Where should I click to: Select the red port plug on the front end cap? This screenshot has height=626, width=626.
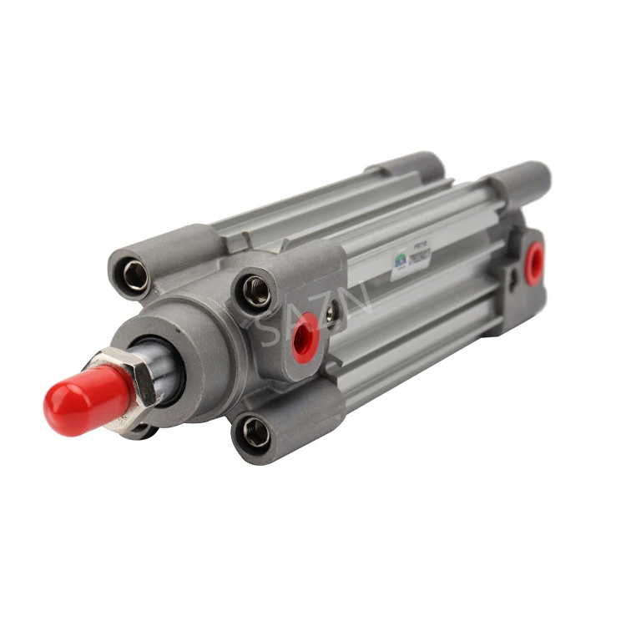(305, 336)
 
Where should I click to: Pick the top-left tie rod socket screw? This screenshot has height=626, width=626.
(134, 277)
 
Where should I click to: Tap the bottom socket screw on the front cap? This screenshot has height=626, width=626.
(255, 433)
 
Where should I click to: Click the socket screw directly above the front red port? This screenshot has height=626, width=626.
(255, 291)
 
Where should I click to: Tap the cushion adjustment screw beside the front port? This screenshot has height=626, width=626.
(332, 313)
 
